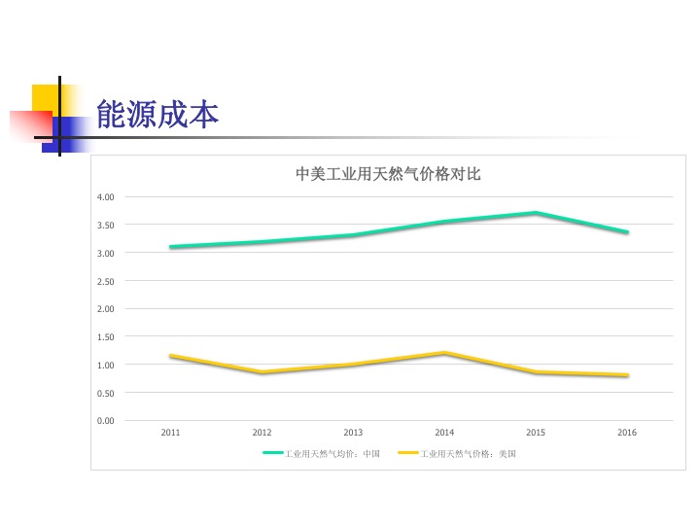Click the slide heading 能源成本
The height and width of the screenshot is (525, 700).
tap(157, 115)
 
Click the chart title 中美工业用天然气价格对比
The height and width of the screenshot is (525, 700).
tap(388, 175)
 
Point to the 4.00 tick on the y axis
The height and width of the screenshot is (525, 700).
tap(106, 197)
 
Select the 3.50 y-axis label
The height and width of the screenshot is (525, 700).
tap(106, 226)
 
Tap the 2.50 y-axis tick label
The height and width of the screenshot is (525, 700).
tap(106, 281)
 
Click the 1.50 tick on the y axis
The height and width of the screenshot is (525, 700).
tap(106, 337)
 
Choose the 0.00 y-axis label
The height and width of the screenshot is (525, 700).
tap(106, 421)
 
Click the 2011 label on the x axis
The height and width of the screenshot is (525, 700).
tap(170, 433)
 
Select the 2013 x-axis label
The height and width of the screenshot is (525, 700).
tap(353, 433)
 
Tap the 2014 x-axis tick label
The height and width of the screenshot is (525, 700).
tap(444, 433)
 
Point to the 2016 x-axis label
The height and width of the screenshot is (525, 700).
tap(627, 433)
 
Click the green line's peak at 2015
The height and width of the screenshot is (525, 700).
tap(536, 213)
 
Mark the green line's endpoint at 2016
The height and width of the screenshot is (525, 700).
tap(627, 232)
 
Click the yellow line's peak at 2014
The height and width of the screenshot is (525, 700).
tap(444, 353)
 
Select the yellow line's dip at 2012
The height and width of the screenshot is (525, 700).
tap(262, 372)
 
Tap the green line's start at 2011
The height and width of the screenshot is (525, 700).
tap(170, 247)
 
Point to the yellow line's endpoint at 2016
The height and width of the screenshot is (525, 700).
tap(627, 375)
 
